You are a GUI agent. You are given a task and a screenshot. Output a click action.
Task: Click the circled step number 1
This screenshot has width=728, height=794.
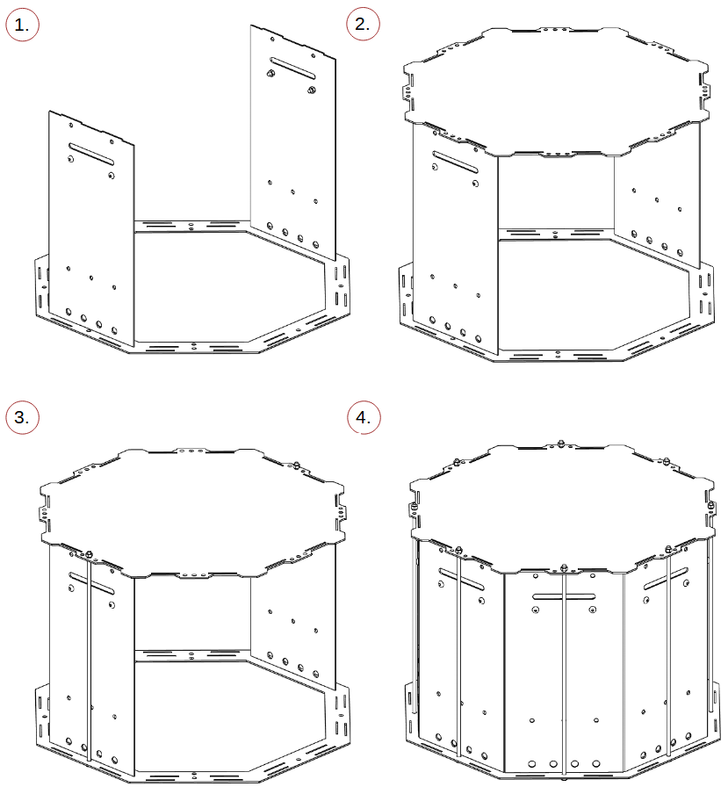(x=22, y=25)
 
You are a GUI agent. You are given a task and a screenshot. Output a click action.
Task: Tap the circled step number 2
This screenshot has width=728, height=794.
(x=363, y=24)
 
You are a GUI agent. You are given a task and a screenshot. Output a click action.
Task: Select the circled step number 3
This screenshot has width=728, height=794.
(x=22, y=417)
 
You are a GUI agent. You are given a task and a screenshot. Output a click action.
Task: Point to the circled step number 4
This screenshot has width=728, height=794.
(x=364, y=417)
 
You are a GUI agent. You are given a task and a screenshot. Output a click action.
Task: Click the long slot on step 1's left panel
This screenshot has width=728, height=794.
(x=91, y=154)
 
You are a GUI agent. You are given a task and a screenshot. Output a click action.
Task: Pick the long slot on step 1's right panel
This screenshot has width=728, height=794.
(x=292, y=69)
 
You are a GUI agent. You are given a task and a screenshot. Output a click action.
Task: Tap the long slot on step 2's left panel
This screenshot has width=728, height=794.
(x=455, y=162)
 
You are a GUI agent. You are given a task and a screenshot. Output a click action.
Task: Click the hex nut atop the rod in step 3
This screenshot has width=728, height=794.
(x=90, y=554)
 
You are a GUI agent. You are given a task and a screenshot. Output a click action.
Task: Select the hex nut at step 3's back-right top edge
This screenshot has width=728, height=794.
(x=297, y=465)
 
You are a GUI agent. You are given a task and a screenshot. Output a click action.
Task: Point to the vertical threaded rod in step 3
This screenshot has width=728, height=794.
(x=90, y=658)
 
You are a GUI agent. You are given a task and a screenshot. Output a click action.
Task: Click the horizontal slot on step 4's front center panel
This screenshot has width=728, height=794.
(x=564, y=597)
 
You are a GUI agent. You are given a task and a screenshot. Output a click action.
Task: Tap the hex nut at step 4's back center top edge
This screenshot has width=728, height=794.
(x=560, y=444)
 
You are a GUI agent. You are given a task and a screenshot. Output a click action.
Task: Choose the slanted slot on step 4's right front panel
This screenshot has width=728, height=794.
(x=666, y=578)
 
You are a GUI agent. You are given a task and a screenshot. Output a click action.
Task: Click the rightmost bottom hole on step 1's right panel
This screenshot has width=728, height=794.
(x=315, y=244)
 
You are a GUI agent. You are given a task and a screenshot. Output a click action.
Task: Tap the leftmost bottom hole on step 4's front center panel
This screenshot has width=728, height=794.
(x=531, y=763)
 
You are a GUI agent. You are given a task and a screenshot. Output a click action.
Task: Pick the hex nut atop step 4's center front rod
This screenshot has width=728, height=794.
(x=564, y=567)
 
